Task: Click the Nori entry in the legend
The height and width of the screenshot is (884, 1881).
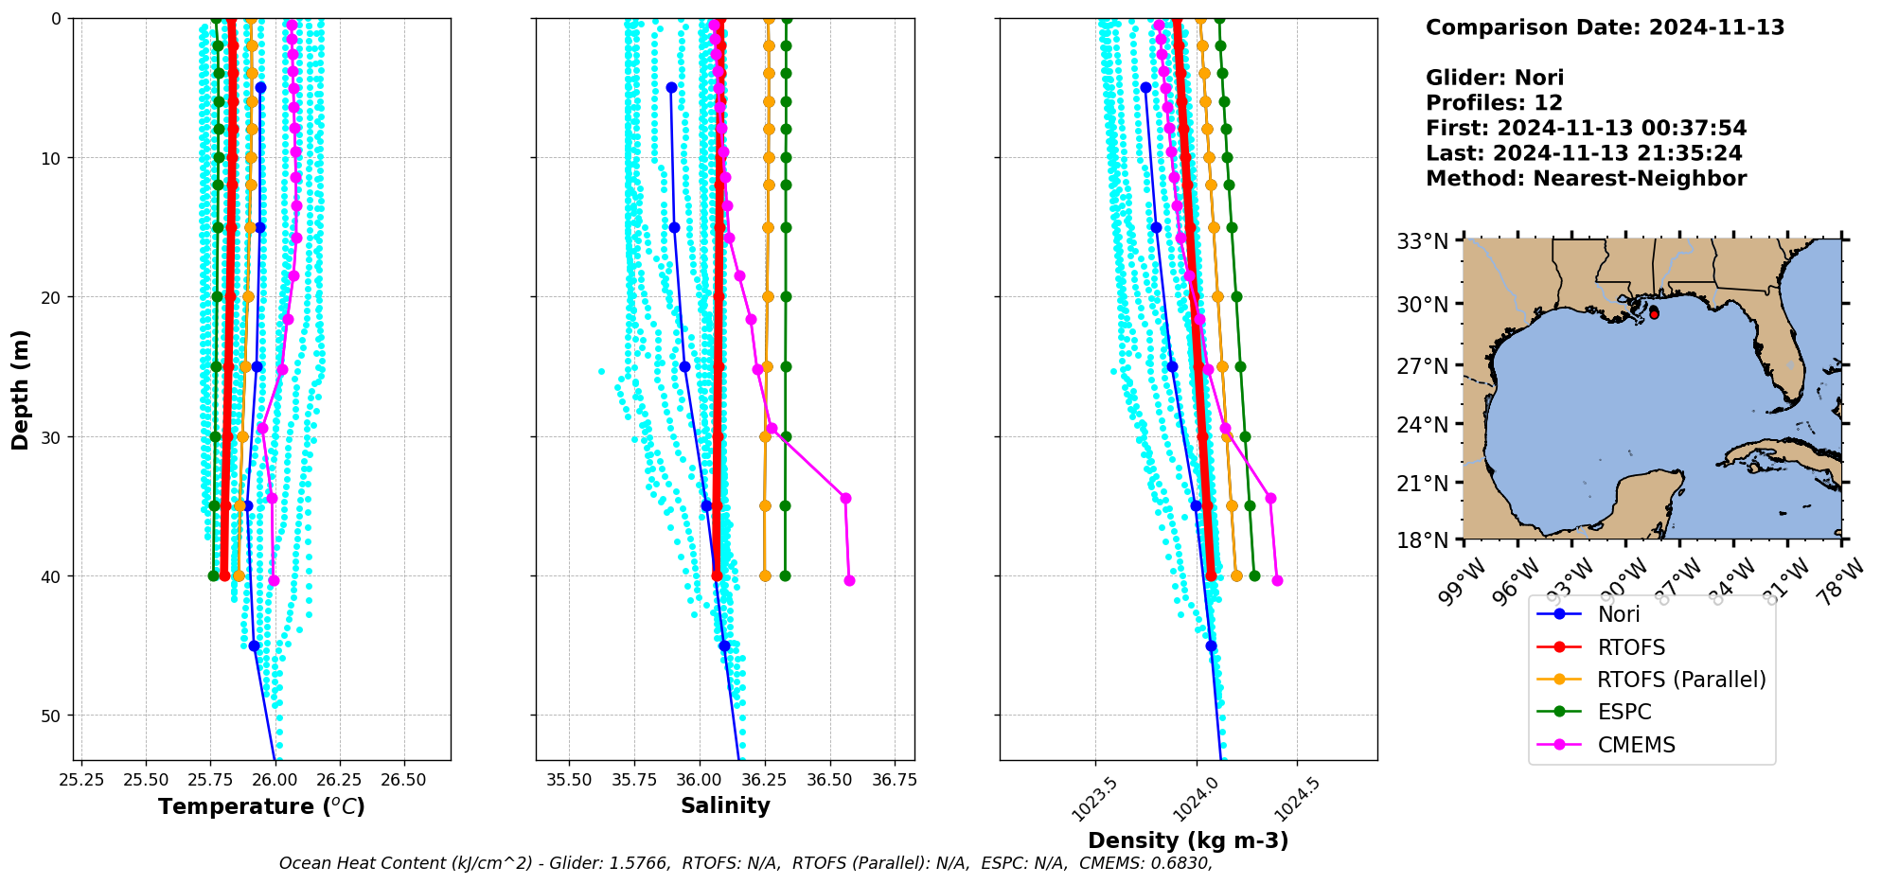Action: pos(1619,614)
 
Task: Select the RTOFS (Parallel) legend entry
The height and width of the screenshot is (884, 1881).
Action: pos(1680,680)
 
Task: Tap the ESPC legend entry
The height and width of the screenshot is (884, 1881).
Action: pos(1624,713)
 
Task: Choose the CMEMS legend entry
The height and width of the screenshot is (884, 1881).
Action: pos(1636,745)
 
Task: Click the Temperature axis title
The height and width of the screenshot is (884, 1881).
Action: pos(261,806)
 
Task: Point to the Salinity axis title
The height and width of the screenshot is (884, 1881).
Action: pos(725,805)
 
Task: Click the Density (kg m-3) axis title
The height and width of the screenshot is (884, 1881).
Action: pos(1188,840)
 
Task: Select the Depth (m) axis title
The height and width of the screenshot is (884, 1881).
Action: pos(21,389)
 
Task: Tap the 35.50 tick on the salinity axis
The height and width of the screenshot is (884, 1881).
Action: pos(570,780)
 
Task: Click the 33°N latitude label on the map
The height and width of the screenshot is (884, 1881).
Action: pos(1423,242)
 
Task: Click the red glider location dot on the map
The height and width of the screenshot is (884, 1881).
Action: pos(1654,313)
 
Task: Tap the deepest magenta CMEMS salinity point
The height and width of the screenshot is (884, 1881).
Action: pos(849,580)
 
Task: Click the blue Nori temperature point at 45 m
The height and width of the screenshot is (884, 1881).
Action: pos(254,646)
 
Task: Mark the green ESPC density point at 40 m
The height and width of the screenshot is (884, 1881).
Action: pos(1254,575)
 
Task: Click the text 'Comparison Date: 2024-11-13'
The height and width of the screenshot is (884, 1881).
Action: pos(1605,27)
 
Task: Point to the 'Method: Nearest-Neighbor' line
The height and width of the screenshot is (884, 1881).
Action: pos(1586,179)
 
